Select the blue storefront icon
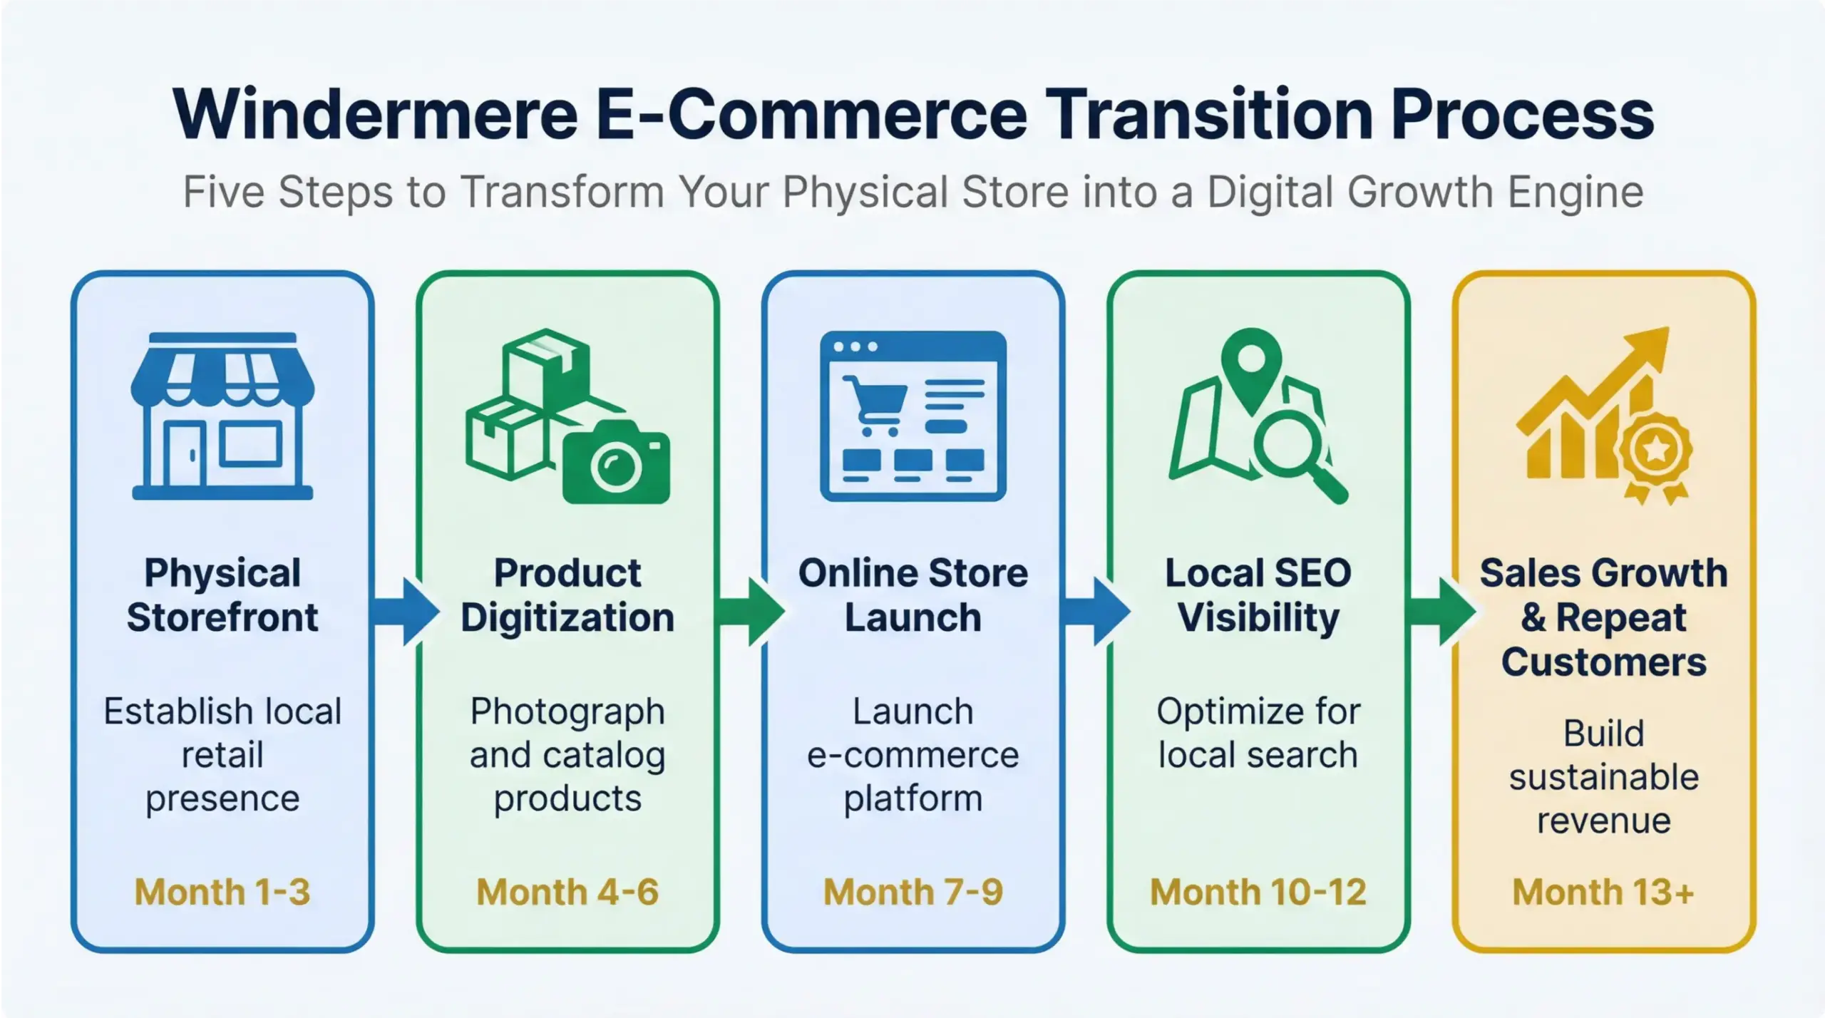point(222,416)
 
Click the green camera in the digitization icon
point(617,463)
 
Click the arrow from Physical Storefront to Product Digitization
point(406,612)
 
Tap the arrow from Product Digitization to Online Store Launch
point(751,612)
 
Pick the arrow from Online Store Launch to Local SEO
point(1096,612)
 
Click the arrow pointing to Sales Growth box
point(1441,612)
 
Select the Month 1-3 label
point(222,892)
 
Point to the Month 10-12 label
point(1258,892)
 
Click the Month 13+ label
point(1603,892)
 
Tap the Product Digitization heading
point(567,595)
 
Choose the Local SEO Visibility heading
point(1258,595)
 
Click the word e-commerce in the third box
point(912,755)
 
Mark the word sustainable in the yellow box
point(1603,777)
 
